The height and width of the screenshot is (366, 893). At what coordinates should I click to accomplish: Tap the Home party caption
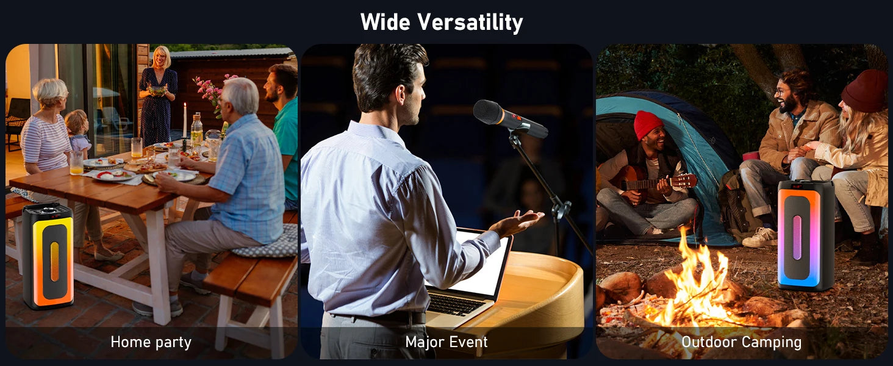point(151,342)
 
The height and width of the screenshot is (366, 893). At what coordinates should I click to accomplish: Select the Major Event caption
point(446,342)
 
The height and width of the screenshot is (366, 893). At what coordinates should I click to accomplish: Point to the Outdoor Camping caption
point(742,342)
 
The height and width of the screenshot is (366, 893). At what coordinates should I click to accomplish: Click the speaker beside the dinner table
point(48,256)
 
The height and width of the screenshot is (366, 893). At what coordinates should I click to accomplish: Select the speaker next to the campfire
point(806,235)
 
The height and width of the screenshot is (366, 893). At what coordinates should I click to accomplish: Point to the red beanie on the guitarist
point(648,124)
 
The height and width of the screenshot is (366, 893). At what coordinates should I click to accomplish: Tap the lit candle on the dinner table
point(185,120)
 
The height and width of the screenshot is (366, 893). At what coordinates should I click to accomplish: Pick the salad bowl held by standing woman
point(157,90)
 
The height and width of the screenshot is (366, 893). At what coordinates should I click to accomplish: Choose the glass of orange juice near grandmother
point(76,163)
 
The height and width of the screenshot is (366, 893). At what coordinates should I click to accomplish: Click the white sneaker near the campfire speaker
point(760,238)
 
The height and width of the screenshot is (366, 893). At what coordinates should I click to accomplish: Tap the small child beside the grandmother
point(78,132)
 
